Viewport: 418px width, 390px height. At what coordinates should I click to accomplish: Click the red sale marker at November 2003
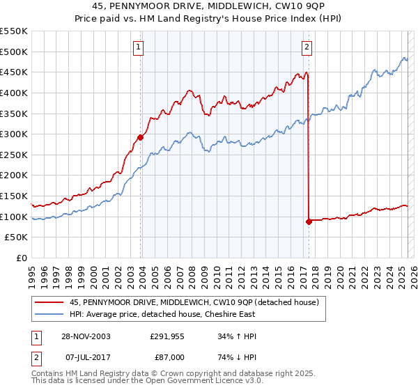[141, 137]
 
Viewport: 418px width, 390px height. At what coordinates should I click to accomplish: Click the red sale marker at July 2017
[308, 221]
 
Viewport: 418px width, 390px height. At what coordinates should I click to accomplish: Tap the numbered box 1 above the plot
[139, 47]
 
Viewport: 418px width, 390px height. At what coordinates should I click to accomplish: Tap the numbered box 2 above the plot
[307, 47]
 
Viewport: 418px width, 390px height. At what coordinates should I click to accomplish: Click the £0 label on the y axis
[21, 258]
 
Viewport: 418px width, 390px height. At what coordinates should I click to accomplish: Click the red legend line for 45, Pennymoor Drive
[48, 302]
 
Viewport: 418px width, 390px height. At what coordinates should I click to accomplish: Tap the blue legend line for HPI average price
[48, 314]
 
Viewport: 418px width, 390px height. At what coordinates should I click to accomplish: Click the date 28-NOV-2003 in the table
[85, 336]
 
